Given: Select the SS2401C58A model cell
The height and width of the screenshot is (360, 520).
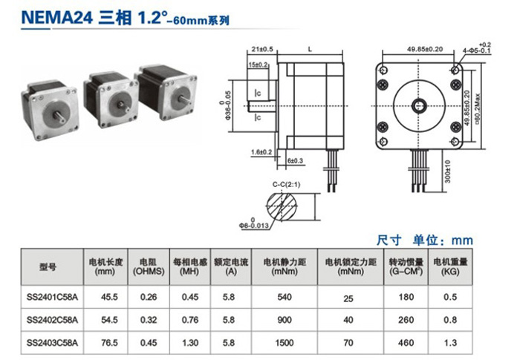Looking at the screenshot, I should (52, 298).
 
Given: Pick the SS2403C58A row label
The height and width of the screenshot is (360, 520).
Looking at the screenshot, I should (52, 343).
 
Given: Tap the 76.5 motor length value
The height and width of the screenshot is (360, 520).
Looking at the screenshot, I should (110, 343).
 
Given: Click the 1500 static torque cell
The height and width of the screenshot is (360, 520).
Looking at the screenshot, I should (285, 343).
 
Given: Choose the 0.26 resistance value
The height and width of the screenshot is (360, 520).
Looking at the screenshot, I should (149, 298).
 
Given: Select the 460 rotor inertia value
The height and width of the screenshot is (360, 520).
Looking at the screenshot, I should (405, 343).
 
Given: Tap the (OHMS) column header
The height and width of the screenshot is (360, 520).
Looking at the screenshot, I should (149, 272).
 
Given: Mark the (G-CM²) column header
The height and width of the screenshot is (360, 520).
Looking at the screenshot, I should (405, 272).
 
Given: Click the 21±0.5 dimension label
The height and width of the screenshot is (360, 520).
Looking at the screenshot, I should (262, 49).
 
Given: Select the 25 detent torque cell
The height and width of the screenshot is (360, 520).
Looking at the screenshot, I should (348, 298).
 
